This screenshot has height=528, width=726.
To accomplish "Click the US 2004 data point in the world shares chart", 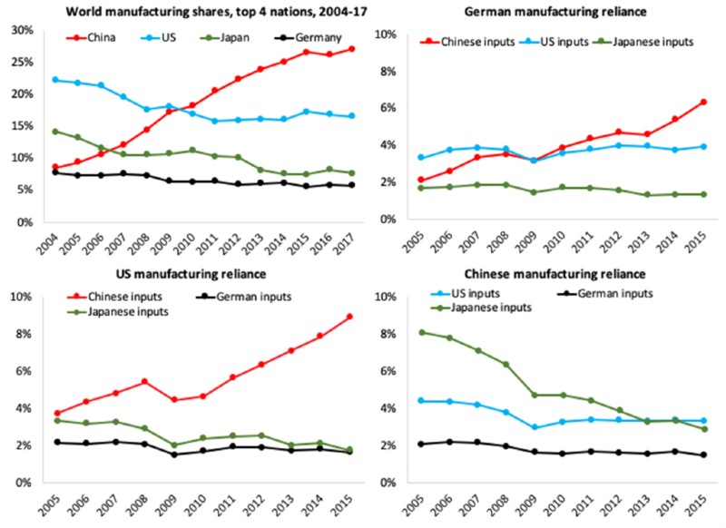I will pyautogui.click(x=56, y=80).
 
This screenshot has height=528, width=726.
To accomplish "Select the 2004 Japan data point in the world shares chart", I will pyautogui.click(x=56, y=132).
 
